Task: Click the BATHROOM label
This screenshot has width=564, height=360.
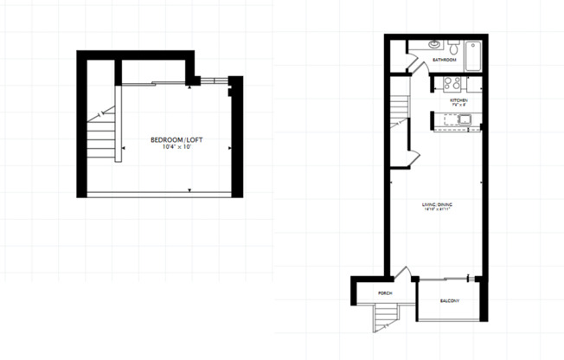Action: click(445, 60)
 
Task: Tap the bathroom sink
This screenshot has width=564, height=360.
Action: click(434, 44)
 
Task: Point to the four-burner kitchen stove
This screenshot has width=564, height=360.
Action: click(451, 84)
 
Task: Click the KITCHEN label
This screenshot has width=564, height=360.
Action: click(458, 101)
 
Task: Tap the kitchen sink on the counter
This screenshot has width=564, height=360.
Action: click(464, 120)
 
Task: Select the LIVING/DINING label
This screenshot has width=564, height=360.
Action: click(437, 204)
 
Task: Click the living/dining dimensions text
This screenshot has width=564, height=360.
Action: click(437, 209)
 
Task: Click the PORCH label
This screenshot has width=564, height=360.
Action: click(385, 294)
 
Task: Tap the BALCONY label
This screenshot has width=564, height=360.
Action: click(449, 301)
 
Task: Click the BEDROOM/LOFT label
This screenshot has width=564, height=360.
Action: click(170, 139)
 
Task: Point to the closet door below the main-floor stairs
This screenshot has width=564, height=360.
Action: click(414, 156)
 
